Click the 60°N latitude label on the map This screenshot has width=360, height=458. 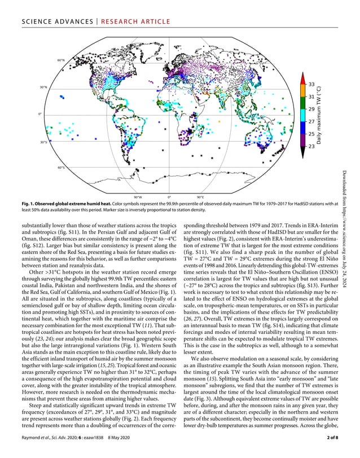pos(61,60)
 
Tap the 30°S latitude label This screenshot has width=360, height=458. pos(43,142)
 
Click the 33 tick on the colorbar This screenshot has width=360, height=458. pos(311,84)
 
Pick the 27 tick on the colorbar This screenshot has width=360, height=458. pos(311,121)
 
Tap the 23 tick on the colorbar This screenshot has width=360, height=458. pos(311,146)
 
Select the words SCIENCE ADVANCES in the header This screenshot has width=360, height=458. pos(49,21)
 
